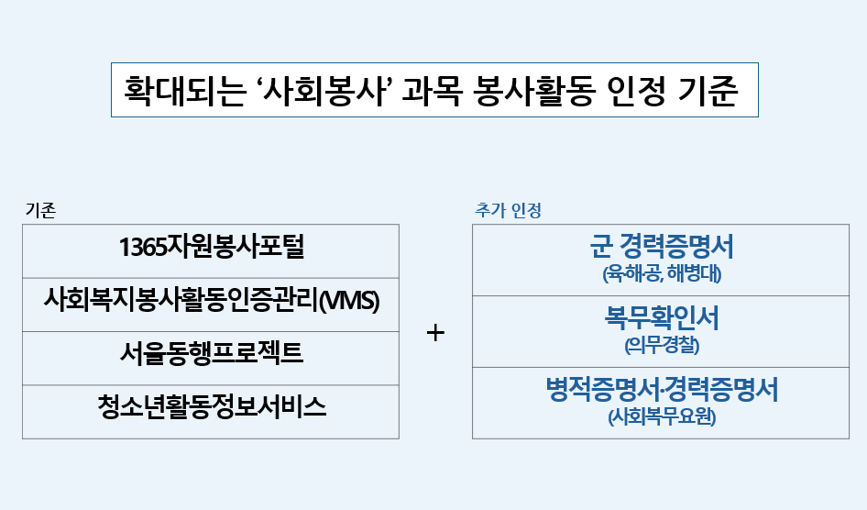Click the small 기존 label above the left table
[40, 210]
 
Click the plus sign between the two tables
[435, 333]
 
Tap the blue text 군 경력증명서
[663, 247]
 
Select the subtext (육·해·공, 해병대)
[663, 273]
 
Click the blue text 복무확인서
[662, 318]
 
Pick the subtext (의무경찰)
[662, 346]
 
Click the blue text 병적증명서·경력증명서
[662, 390]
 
